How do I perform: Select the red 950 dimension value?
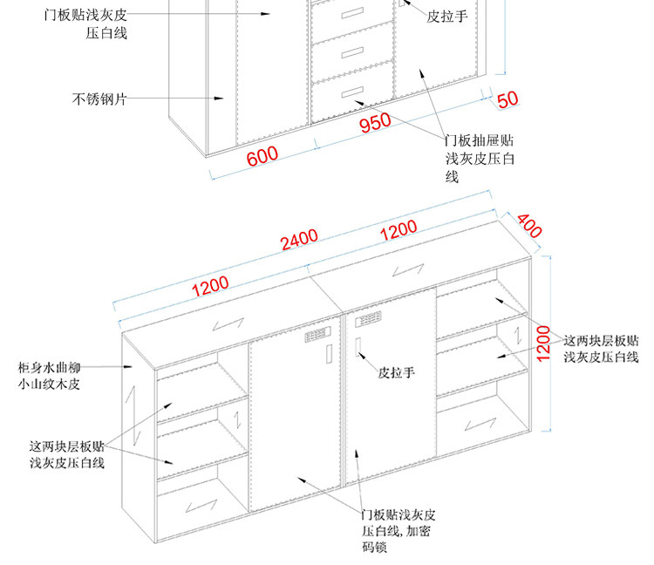pyautogui.click(x=375, y=122)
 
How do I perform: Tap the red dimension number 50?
pyautogui.click(x=508, y=99)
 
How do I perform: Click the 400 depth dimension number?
pyautogui.click(x=529, y=225)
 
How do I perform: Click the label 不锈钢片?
pyautogui.click(x=99, y=99)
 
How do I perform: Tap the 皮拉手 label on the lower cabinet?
pyautogui.click(x=396, y=372)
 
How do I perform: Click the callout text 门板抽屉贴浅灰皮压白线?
pyautogui.click(x=480, y=158)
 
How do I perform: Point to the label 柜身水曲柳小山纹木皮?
pyautogui.click(x=55, y=376)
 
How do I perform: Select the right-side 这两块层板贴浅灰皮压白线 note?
pyautogui.click(x=602, y=349)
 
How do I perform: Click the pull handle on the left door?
pyautogui.click(x=328, y=354)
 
